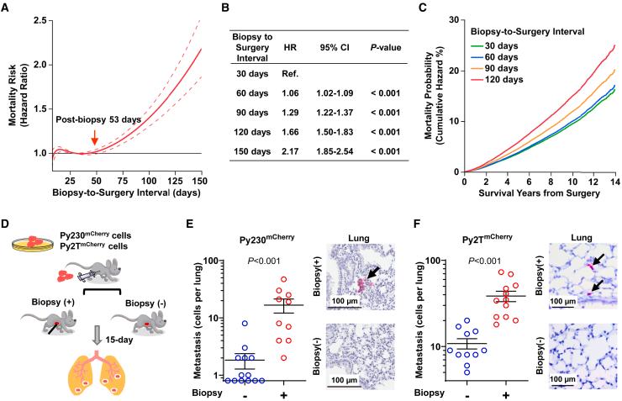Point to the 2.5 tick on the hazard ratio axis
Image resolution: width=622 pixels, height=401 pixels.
(42, 18)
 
